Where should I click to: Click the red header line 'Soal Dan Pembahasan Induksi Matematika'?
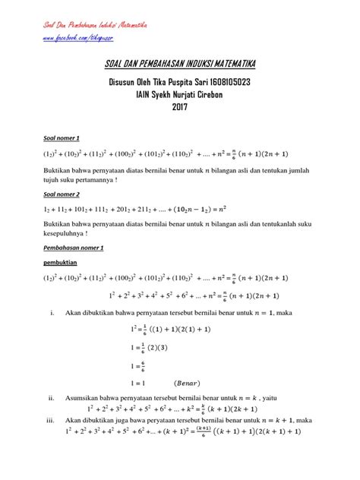click(x=93, y=24)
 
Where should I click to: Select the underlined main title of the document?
click(x=179, y=67)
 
